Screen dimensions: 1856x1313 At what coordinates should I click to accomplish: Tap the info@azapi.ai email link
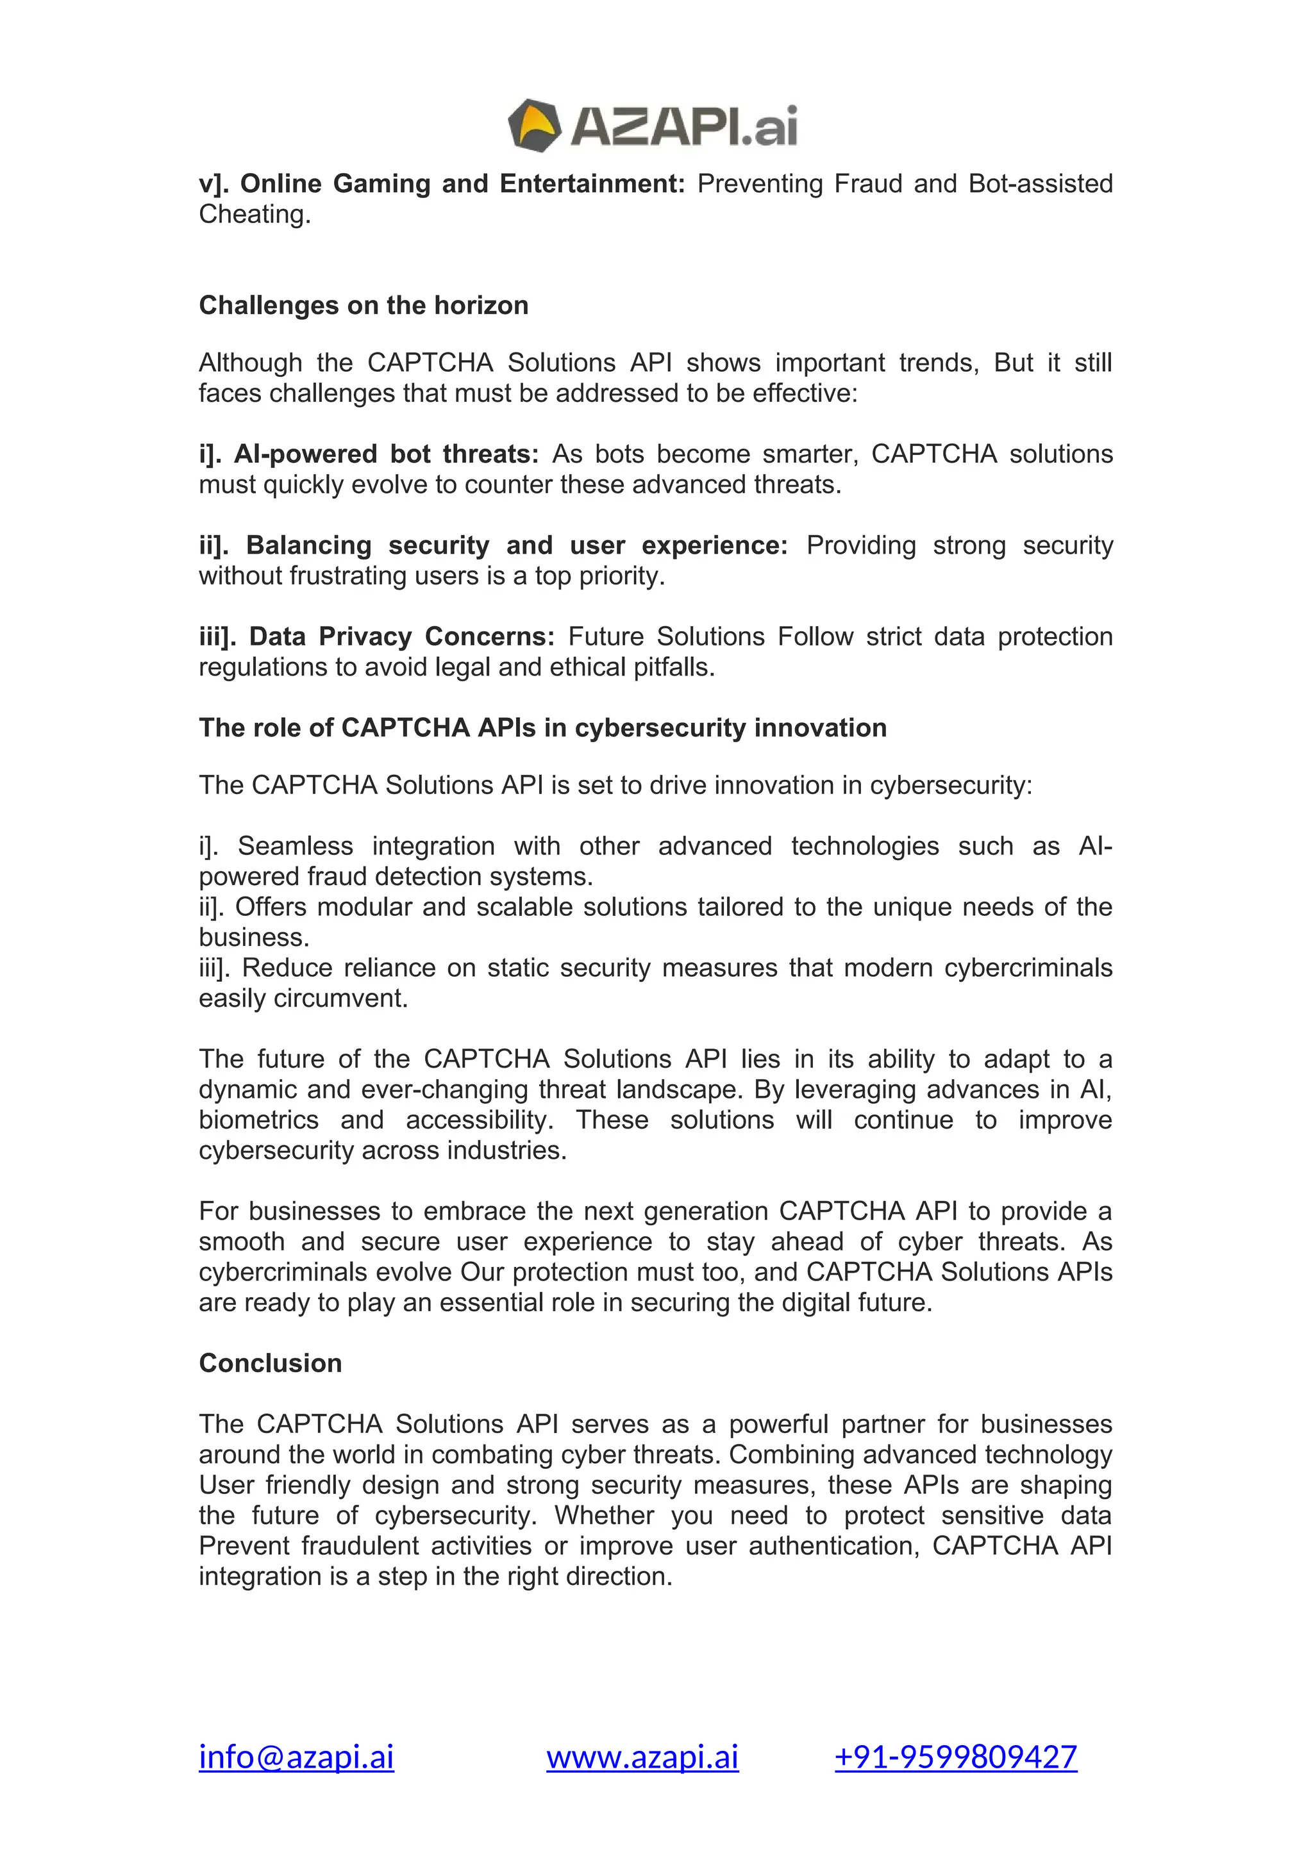pos(296,1757)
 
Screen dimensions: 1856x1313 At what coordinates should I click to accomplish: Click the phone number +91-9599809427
pos(956,1757)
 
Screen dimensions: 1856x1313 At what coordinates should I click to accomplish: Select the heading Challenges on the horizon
pos(363,306)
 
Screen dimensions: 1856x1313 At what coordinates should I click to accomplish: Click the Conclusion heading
pos(270,1363)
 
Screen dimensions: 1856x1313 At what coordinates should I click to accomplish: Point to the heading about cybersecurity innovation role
pos(542,727)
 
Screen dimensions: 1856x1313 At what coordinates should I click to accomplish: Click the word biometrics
pos(259,1120)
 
